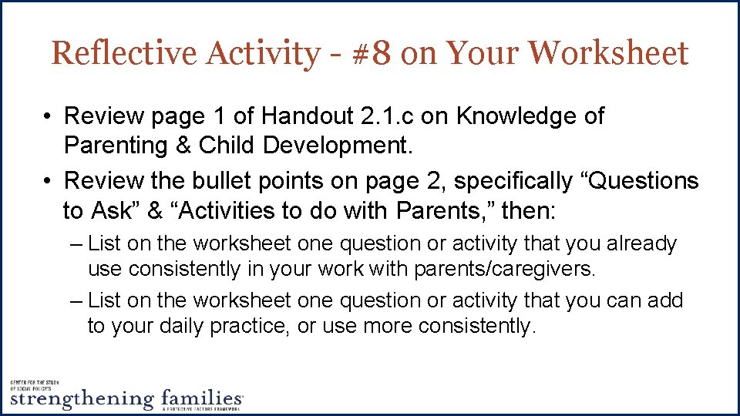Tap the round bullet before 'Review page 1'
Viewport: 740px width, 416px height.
tap(48, 117)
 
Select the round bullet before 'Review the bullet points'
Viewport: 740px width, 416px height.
tap(48, 181)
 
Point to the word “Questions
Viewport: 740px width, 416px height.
tap(637, 181)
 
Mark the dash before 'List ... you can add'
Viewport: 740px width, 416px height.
tap(75, 300)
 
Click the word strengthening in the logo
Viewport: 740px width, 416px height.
tap(82, 398)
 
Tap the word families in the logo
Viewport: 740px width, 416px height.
tap(202, 398)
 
